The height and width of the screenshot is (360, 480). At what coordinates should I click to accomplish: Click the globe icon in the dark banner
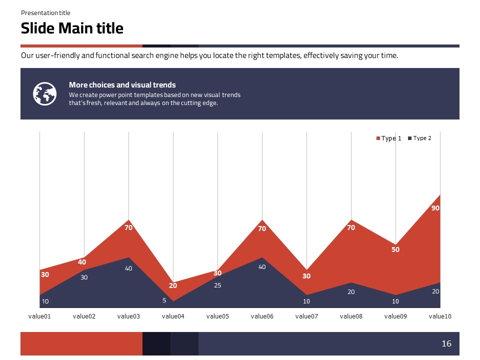pos(44,93)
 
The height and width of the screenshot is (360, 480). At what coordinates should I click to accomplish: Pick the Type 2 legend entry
pos(419,138)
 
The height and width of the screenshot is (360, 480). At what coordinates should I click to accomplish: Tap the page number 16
pos(446,343)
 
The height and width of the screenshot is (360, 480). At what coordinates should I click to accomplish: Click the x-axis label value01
pos(39,316)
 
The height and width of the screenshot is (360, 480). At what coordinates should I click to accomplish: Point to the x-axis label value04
pos(173,316)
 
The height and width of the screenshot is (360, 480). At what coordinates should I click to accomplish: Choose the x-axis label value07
pos(306,316)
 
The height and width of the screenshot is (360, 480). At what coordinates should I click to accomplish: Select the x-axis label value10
pos(440,316)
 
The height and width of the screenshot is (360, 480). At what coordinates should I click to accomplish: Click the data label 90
pos(435,208)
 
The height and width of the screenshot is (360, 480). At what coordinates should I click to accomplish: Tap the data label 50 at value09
pos(395,249)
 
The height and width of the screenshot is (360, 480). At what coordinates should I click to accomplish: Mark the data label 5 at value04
pos(164,301)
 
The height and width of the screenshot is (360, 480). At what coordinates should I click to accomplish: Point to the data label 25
pos(217,285)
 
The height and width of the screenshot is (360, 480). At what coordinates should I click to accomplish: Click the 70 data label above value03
pos(128,227)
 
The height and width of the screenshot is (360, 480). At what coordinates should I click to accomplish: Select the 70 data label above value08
pos(351,227)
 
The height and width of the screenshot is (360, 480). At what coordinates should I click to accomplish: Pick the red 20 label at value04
pos(173,286)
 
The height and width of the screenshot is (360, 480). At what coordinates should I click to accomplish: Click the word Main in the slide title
pos(76,28)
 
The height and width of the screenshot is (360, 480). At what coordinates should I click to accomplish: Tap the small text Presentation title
pos(45,13)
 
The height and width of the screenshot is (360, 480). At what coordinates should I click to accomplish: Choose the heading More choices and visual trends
pos(122,85)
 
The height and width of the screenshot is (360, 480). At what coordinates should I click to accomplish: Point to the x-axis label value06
pos(262,316)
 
